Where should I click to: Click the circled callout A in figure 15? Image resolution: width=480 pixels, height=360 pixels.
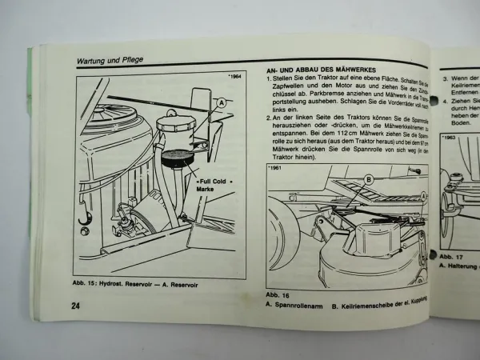[x=221, y=103]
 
